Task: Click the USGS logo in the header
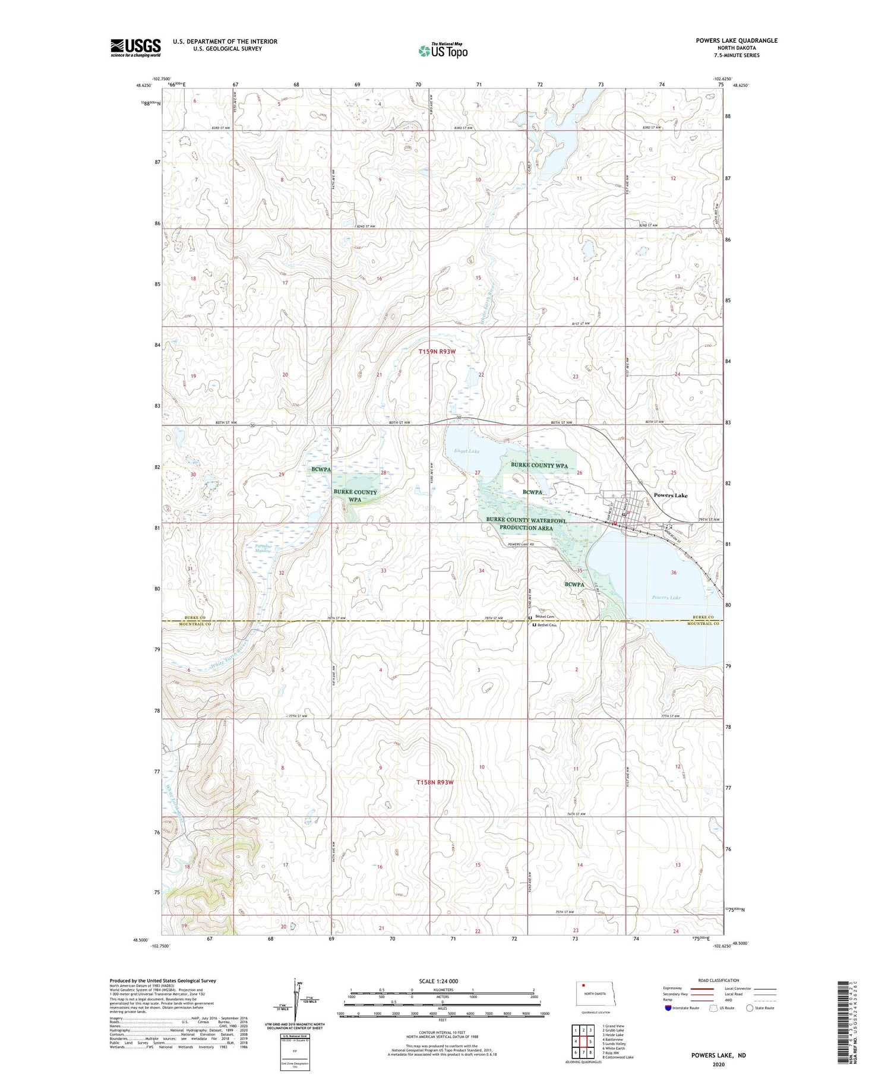(x=135, y=48)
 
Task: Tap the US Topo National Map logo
(x=443, y=50)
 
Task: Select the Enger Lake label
(x=467, y=451)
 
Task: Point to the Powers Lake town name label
(x=671, y=495)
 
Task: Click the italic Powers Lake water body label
(x=666, y=598)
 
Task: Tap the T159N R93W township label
(x=437, y=352)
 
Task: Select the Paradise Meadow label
(x=263, y=549)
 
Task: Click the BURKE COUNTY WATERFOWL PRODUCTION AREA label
(x=526, y=524)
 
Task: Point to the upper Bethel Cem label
(x=545, y=617)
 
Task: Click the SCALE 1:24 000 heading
(x=438, y=981)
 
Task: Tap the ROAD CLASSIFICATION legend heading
(x=719, y=980)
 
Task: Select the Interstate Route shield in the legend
(x=669, y=1008)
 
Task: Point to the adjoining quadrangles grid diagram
(x=583, y=1041)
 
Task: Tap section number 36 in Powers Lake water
(x=674, y=573)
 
